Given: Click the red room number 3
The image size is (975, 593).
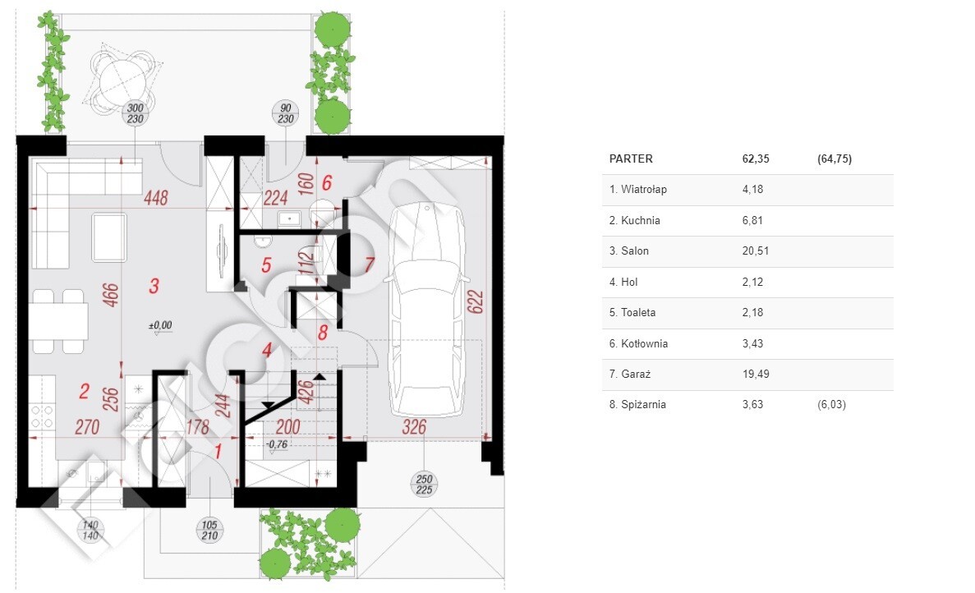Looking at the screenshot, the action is coord(154,286).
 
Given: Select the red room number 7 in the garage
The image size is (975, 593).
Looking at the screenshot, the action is coord(370,264).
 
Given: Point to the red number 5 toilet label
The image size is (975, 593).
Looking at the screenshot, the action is coord(266,265).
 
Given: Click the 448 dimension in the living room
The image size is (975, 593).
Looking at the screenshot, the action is coord(156,198).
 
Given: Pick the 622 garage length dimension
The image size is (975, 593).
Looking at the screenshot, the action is coord(476,302).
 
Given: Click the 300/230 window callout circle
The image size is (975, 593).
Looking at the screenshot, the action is coord(135,113).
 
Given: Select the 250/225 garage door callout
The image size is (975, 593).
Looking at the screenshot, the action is coord(424,485).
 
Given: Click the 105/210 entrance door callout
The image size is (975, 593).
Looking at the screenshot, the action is coord(209,531).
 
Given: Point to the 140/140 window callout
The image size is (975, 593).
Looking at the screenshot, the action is coord(91,531).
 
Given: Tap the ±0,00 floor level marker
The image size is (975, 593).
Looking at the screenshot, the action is coord(160,326).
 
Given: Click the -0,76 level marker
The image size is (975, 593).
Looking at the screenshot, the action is coord(277,444).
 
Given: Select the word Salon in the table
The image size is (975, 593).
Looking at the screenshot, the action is coord(635,251).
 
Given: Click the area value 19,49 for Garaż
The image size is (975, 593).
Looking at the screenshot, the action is coord(756,375).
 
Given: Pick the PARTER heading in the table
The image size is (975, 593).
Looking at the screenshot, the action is coord(631,159).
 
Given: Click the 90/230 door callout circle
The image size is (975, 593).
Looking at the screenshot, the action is coord(285,113).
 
